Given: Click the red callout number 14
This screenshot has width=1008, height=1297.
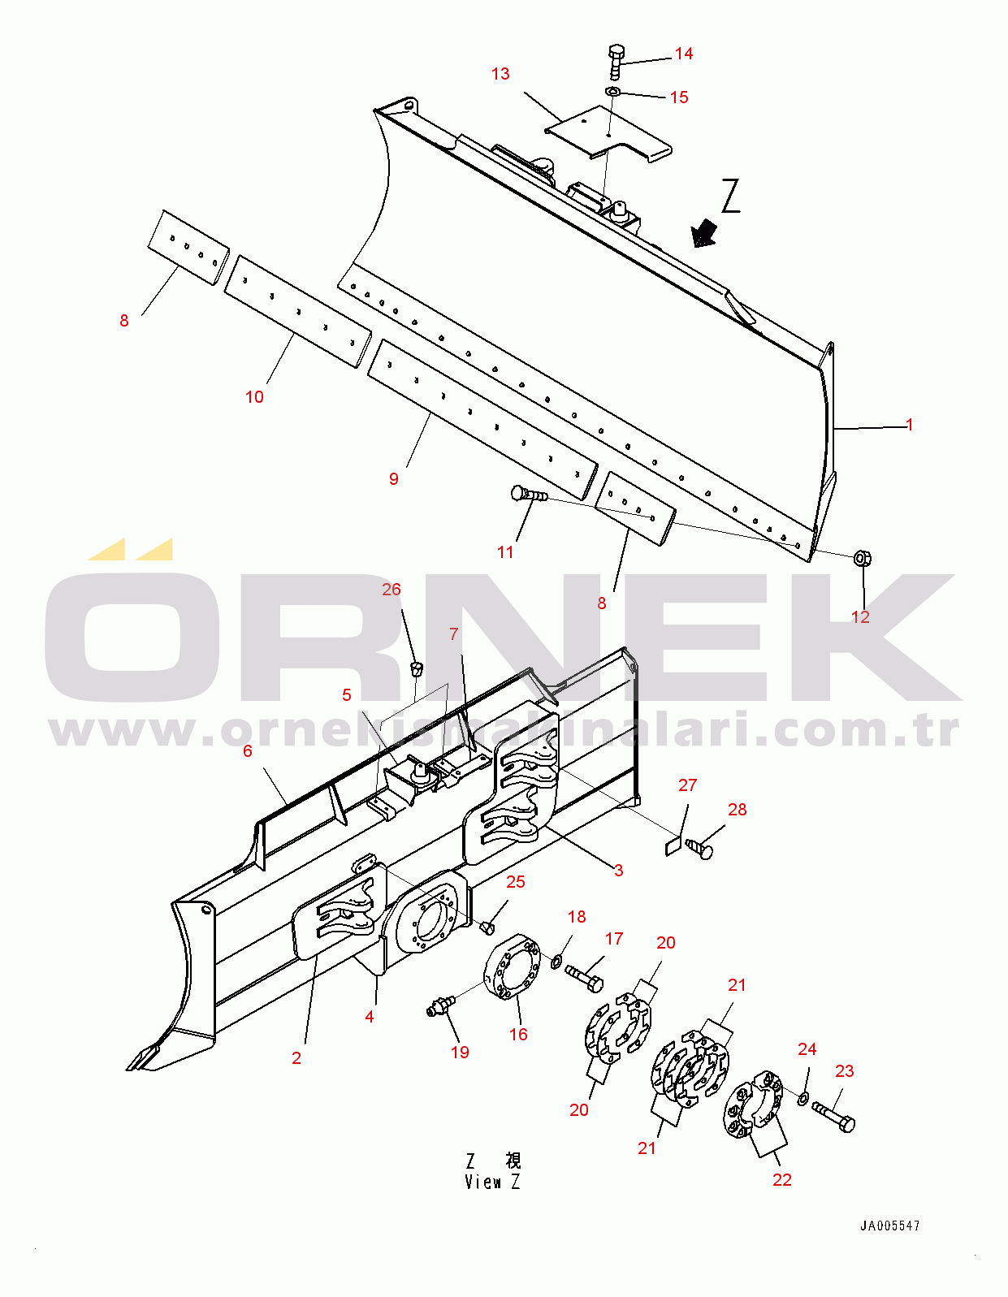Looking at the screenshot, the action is [684, 54].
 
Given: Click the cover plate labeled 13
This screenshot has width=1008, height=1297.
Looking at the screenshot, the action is [608, 134].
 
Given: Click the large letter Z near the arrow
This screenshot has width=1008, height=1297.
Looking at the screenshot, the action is [731, 196].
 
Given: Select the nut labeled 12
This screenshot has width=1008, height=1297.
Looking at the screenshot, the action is [863, 558].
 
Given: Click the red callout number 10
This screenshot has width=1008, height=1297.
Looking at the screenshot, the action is [254, 397].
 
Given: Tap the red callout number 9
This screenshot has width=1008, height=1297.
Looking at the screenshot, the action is [393, 478].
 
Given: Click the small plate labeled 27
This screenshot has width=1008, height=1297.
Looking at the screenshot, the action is [673, 846].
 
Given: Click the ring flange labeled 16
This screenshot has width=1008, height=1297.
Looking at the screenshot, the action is [512, 967].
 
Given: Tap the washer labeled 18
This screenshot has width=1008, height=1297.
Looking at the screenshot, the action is [556, 961].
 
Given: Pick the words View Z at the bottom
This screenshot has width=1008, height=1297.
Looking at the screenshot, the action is [492, 1182].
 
